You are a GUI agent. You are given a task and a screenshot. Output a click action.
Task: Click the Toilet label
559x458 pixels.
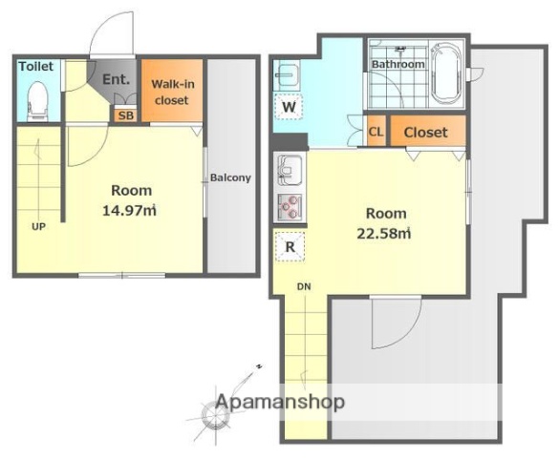click(x=36, y=66)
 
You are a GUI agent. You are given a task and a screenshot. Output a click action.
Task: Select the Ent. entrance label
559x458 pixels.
click(x=116, y=79)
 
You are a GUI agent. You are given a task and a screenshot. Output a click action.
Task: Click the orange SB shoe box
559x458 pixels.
click(x=126, y=114)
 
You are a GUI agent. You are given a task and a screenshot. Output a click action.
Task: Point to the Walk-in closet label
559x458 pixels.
click(x=173, y=93)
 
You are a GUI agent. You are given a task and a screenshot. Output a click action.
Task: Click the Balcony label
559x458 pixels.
click(x=230, y=177)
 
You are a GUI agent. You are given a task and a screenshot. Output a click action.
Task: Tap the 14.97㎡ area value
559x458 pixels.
click(x=129, y=211)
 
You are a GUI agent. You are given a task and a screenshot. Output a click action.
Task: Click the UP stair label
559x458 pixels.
click(x=38, y=226)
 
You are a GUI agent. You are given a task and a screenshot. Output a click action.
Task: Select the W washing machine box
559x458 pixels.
click(x=289, y=107)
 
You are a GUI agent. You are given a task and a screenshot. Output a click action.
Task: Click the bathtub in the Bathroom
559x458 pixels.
click(x=446, y=73)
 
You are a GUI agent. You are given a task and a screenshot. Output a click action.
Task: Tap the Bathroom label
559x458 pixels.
click(x=398, y=64)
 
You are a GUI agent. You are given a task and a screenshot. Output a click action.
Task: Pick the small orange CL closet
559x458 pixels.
click(x=376, y=131)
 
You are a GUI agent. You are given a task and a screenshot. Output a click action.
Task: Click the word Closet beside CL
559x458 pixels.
click(x=425, y=133)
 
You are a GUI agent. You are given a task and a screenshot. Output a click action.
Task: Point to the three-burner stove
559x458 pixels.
click(x=290, y=208)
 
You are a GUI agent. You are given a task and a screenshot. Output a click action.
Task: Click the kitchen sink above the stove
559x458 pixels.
click(x=290, y=170)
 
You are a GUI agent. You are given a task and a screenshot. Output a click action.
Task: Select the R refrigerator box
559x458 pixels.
click(x=290, y=246)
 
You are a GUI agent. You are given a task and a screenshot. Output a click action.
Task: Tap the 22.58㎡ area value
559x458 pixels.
click(x=384, y=234)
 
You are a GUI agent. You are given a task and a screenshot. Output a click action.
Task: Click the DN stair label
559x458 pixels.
click(x=304, y=286)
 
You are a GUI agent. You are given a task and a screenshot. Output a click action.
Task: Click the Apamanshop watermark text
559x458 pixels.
click(x=280, y=402)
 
